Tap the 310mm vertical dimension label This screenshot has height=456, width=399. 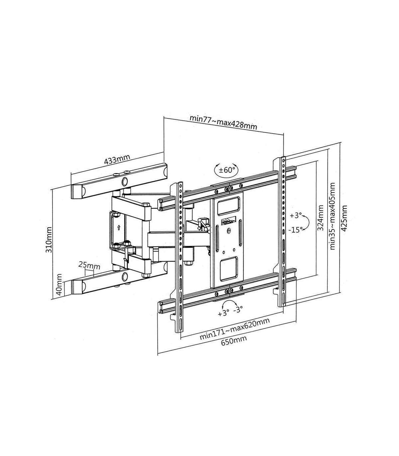coord(48,240)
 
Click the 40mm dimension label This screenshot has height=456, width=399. coord(59,285)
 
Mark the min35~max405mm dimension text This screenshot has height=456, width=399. coord(332,216)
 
